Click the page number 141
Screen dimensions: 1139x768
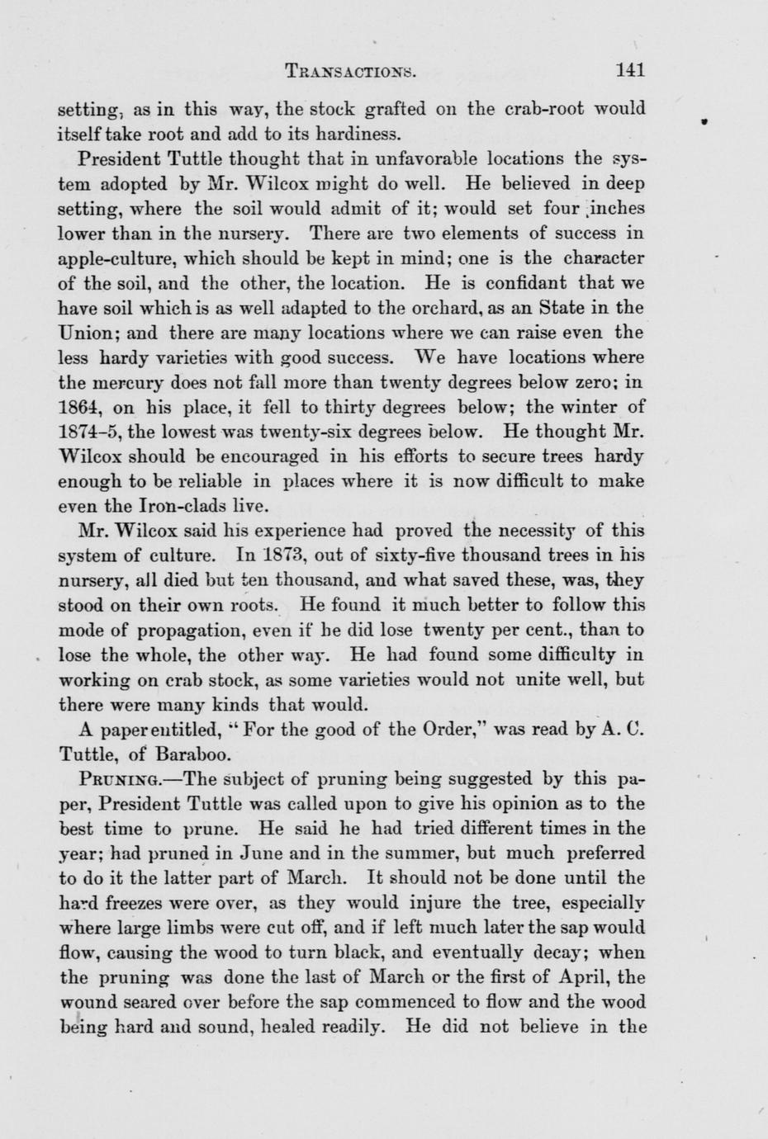tap(630, 71)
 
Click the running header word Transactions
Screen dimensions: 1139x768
tap(349, 72)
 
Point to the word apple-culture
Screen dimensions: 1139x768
tap(112, 258)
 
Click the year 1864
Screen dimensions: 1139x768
tap(80, 408)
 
